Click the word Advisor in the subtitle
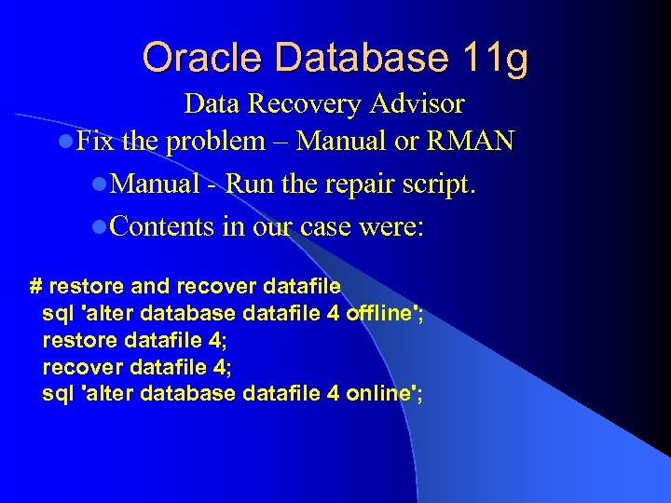pos(418,102)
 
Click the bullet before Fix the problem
pos(63,143)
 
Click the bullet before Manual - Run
pos(100,184)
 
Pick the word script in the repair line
pos(439,184)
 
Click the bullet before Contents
pos(100,227)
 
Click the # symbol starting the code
pos(36,286)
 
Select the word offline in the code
pos(380,313)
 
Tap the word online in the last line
pos(378,393)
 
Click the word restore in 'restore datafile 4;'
pos(77,340)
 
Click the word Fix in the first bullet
pos(93,142)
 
